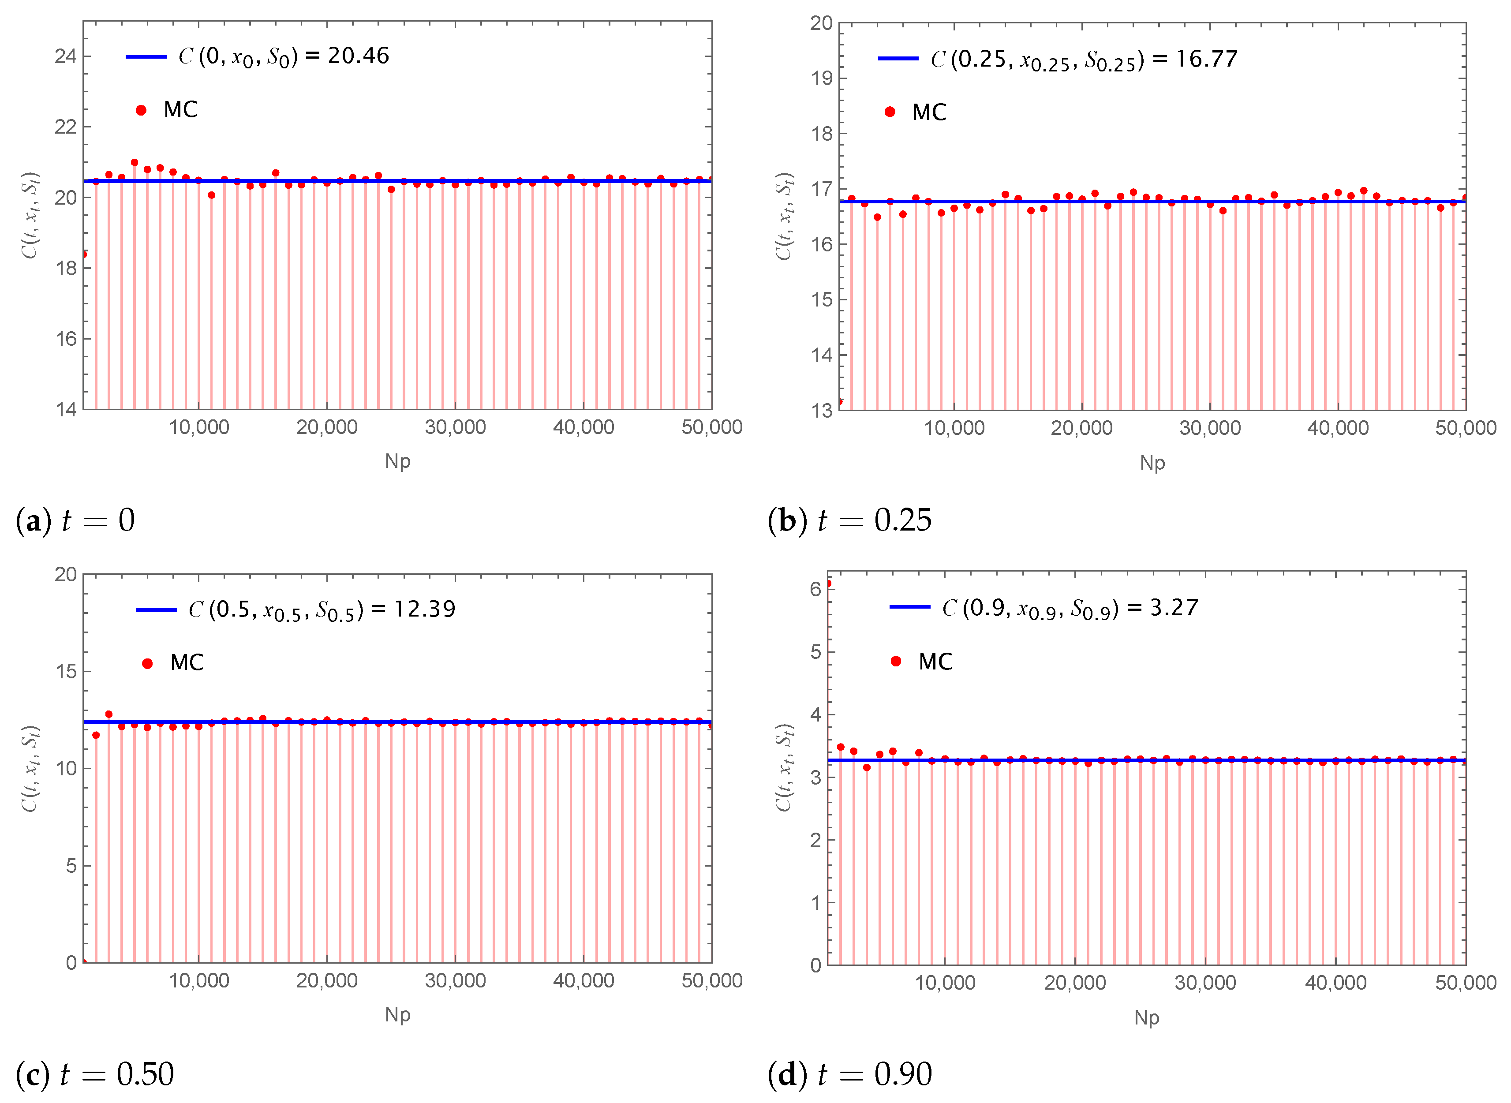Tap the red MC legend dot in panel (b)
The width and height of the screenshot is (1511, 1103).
coord(890,112)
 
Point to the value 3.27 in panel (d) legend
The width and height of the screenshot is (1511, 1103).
coord(1173,608)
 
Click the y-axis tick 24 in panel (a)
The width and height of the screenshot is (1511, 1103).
coord(65,56)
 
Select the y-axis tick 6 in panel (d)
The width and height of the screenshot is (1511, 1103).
coord(815,589)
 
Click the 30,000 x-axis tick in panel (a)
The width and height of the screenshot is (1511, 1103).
coord(455,427)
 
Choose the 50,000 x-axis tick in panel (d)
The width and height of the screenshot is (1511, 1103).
coord(1465,983)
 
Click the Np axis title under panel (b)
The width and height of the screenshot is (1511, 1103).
coord(1152,463)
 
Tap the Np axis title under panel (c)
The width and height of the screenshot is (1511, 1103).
coord(397,1015)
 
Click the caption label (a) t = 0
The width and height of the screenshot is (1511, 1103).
coord(75,520)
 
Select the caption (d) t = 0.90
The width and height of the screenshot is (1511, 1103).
coord(849,1074)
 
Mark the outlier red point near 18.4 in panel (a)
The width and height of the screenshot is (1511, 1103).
coord(84,254)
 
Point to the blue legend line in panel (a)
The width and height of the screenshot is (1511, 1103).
coord(146,57)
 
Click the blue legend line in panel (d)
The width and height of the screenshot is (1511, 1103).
coord(909,607)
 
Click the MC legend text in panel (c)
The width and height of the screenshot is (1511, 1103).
coord(187,662)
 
